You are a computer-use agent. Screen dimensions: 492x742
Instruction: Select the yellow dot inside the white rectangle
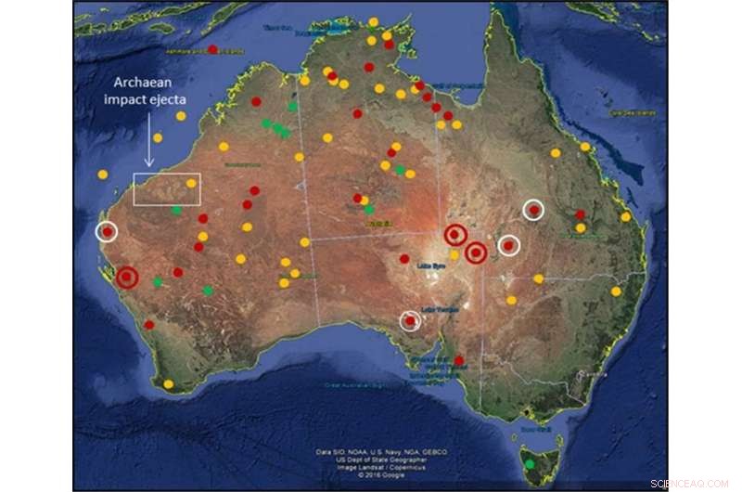tap(191, 184)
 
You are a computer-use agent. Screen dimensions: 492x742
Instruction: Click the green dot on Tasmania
tap(530, 463)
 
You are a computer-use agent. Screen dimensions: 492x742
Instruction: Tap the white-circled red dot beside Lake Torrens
tap(410, 321)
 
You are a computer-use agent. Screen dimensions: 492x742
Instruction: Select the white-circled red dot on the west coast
tap(107, 231)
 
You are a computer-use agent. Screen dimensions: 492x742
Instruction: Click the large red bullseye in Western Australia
tap(127, 276)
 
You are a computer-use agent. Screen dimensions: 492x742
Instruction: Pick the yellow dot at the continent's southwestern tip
tap(168, 384)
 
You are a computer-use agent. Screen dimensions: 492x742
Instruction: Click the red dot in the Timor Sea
tap(212, 49)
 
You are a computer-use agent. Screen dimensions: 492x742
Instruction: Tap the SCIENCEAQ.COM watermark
tap(691, 484)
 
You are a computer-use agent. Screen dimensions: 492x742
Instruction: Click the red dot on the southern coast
tap(459, 360)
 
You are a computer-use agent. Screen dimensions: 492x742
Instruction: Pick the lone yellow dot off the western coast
tap(102, 175)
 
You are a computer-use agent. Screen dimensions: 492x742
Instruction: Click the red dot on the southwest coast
tap(149, 325)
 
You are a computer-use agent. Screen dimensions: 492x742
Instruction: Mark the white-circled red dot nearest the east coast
tap(533, 210)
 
